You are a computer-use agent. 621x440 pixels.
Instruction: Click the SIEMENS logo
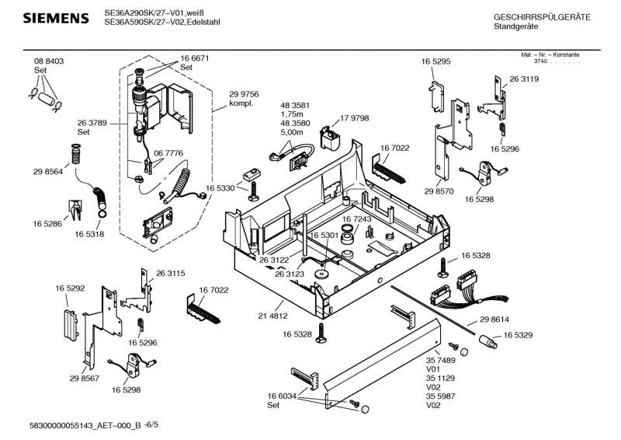click(54, 18)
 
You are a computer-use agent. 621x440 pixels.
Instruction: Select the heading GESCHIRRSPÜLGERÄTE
click(541, 17)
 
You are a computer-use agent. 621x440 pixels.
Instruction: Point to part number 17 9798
click(354, 118)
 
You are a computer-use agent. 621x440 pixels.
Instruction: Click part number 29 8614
click(494, 320)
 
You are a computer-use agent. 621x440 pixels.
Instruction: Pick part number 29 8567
click(85, 378)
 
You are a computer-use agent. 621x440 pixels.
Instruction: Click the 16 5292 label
click(70, 288)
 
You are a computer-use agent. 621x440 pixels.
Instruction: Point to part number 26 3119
click(524, 79)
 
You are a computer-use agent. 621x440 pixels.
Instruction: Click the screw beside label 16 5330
click(254, 190)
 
